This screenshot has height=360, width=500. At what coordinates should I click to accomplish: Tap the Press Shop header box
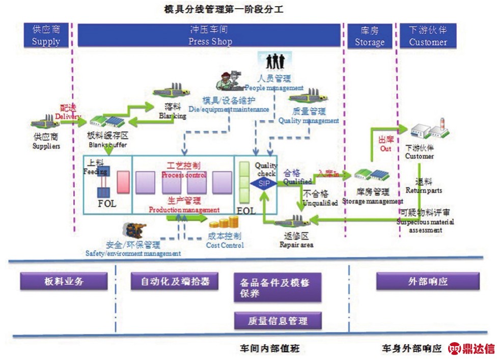(x=209, y=36)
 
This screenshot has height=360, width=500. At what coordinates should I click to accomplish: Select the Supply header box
(x=46, y=36)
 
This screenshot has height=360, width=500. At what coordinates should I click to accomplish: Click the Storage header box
(x=369, y=36)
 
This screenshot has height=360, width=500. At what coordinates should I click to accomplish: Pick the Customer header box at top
(x=428, y=36)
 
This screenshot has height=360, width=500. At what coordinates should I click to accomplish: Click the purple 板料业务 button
(x=64, y=281)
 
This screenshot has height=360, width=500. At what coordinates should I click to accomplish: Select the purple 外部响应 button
(x=428, y=281)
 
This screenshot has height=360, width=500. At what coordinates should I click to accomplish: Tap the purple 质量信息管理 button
(x=278, y=321)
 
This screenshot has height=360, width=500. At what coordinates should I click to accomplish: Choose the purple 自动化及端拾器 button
(x=174, y=281)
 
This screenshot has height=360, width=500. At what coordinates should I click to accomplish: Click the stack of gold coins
(x=225, y=223)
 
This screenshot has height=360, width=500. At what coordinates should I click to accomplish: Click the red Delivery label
(x=68, y=113)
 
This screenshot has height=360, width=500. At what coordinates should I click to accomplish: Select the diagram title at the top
(x=227, y=9)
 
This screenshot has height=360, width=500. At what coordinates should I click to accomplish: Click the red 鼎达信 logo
(x=471, y=349)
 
